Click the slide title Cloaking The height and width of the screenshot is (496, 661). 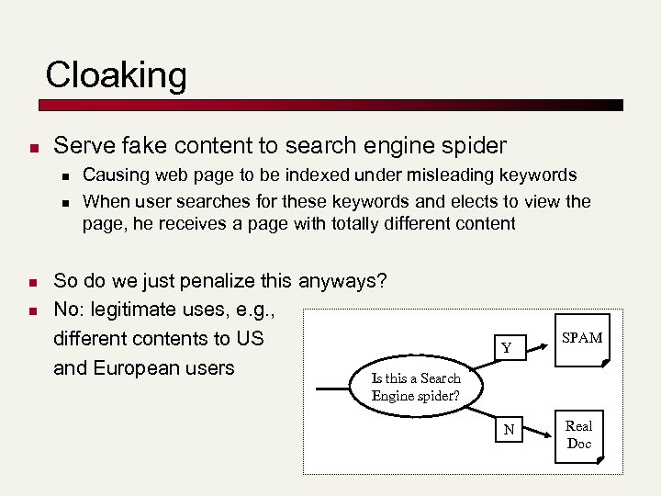[x=116, y=74]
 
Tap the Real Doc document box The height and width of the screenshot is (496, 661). [x=579, y=434]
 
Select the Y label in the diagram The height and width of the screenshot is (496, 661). [x=506, y=348]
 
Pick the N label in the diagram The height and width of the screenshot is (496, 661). [x=508, y=430]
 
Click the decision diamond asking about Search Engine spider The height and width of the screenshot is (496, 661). [x=416, y=387]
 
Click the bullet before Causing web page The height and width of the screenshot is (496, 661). [x=67, y=175]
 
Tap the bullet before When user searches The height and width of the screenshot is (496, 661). [x=67, y=201]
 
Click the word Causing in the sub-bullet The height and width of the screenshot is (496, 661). [x=112, y=175]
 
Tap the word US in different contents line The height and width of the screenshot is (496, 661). [x=249, y=338]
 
